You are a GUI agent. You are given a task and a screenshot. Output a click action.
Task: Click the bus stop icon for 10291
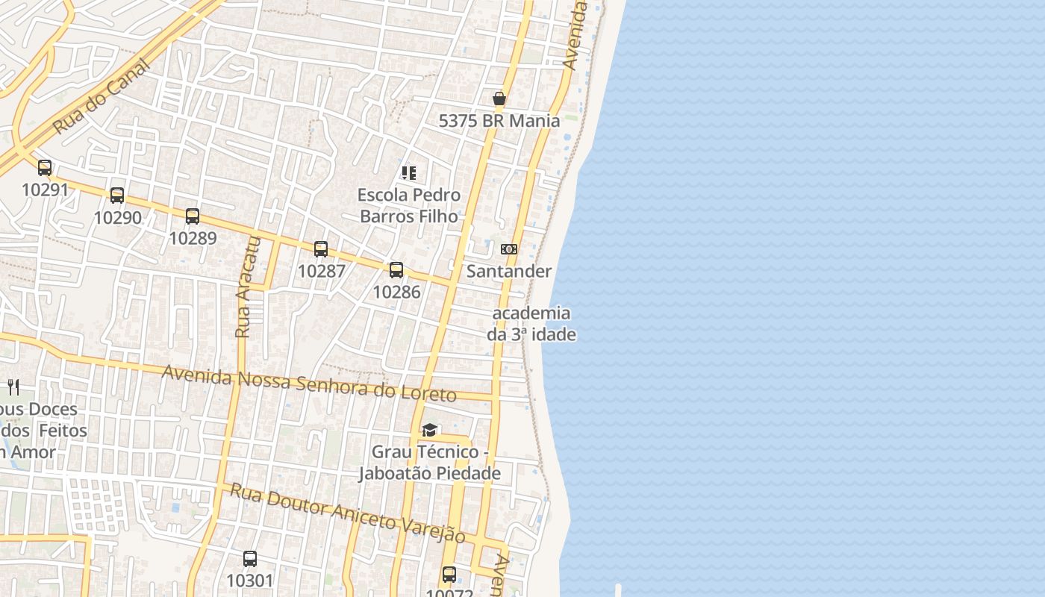(45, 168)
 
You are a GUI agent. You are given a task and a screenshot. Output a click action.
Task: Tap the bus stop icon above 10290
(117, 196)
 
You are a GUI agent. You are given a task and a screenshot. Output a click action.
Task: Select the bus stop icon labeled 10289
(193, 216)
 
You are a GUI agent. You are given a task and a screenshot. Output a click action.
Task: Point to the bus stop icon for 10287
(321, 249)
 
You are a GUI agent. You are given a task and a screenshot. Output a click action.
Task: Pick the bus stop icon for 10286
(396, 270)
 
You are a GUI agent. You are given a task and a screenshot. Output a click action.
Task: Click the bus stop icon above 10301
(250, 559)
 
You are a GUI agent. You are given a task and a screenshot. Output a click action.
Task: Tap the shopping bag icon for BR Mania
(499, 99)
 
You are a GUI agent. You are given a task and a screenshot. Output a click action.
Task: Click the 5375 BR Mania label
(499, 121)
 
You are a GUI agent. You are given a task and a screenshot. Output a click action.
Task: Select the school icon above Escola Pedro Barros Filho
(408, 173)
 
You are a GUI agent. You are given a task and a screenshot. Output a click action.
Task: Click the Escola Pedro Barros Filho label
(409, 205)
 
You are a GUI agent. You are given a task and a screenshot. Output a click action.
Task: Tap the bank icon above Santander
(509, 249)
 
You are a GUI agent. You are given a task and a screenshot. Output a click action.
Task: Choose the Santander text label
(509, 271)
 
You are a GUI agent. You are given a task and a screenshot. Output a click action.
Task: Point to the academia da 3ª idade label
(531, 324)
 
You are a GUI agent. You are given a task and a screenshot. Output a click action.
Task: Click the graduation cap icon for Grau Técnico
(429, 430)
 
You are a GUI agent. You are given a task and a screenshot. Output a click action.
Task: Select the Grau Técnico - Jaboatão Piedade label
(429, 463)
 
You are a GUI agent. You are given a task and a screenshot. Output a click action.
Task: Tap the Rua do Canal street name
(102, 96)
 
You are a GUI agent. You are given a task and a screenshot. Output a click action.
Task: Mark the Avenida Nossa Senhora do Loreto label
(309, 383)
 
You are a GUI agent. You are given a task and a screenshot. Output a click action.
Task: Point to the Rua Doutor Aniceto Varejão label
(347, 513)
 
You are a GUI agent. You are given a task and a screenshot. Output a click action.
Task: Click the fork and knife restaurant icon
(13, 387)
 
